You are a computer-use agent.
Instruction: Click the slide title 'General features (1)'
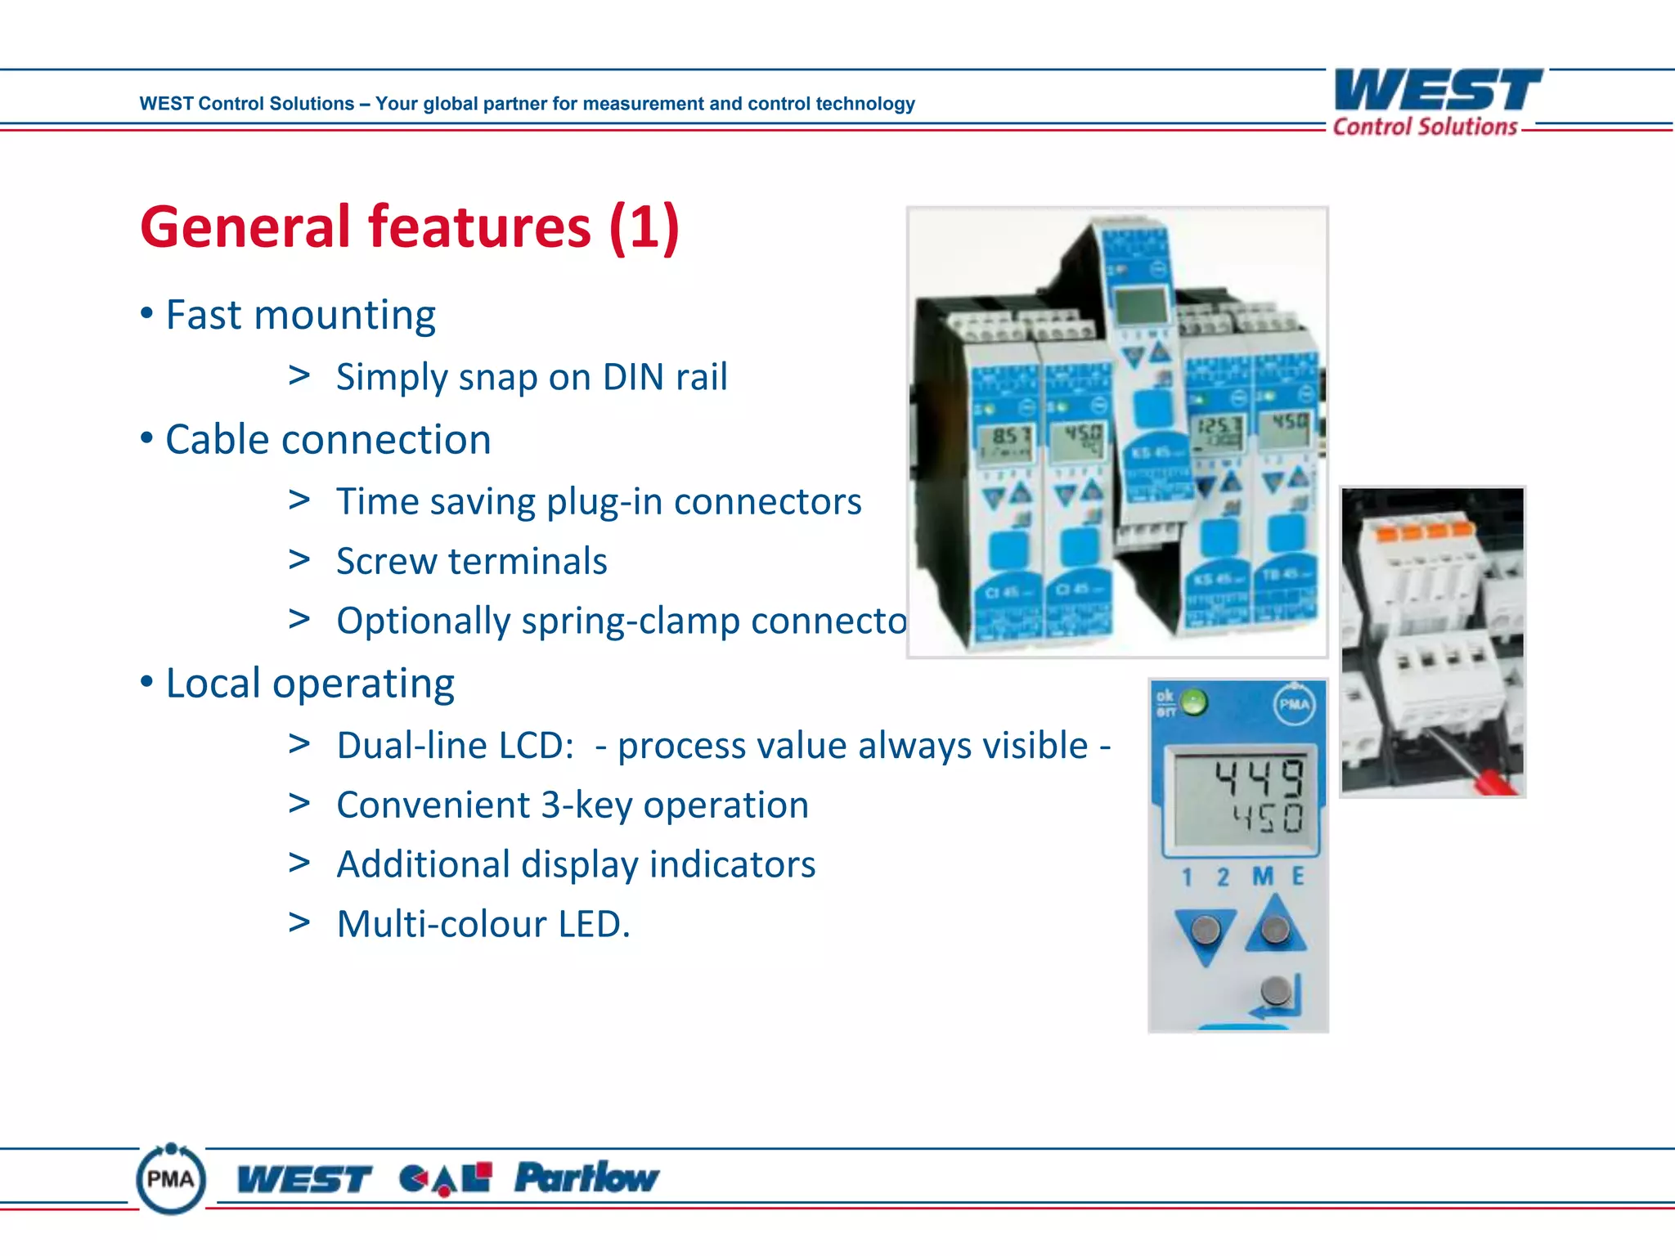410,227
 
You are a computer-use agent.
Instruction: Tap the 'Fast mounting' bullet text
300,315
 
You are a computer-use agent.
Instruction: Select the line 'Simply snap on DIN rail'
532,377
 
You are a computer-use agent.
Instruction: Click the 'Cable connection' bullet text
328,440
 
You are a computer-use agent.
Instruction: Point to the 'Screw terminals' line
472,562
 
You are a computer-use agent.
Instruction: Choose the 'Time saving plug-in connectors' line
599,501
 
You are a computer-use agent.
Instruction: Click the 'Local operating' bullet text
310,684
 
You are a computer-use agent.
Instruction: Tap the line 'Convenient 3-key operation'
573,805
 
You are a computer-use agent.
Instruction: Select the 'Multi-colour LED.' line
483,925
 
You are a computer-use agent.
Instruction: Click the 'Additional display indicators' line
576,865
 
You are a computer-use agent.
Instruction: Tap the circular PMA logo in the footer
171,1178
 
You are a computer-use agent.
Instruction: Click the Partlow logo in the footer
586,1178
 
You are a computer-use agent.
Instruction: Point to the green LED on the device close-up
1194,702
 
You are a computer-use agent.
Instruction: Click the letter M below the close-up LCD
1263,877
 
